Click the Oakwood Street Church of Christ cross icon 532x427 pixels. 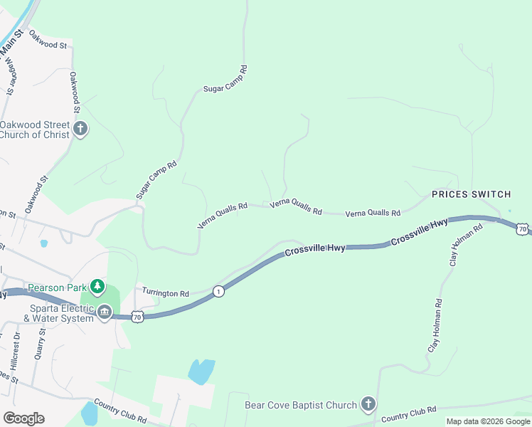80,130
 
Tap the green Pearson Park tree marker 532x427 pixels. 97,288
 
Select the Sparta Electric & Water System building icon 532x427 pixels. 105,312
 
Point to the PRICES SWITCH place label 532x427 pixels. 472,194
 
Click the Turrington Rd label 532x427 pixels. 165,292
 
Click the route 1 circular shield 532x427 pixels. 219,291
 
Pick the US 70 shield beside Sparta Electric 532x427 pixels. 138,315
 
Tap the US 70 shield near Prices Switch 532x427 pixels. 523,228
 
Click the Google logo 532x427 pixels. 24,418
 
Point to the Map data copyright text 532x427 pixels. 488,421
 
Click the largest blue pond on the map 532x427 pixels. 201,371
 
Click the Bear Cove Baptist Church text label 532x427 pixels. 300,405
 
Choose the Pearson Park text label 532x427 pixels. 56,288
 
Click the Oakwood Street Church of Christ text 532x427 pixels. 36,130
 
